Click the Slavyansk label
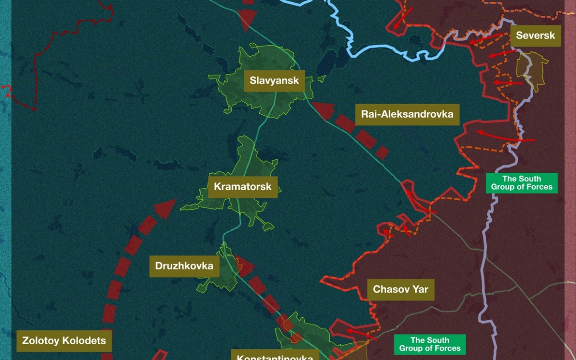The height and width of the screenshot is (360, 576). click(x=274, y=81)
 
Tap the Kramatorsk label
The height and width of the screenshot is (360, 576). click(x=242, y=187)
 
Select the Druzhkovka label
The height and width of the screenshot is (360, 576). click(x=184, y=265)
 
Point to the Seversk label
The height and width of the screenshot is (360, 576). click(x=535, y=36)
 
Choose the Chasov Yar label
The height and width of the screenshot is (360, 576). click(x=400, y=289)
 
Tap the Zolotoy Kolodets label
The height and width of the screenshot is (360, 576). click(x=64, y=341)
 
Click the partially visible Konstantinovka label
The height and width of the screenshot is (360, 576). click(x=275, y=356)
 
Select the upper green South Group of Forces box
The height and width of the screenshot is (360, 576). click(x=521, y=183)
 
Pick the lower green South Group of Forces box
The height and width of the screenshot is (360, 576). click(x=430, y=345)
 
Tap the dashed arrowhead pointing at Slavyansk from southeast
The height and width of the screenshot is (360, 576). click(x=323, y=110)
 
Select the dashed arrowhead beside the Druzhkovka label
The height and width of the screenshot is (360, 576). click(x=243, y=265)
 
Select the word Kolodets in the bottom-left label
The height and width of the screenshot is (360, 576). click(x=84, y=341)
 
